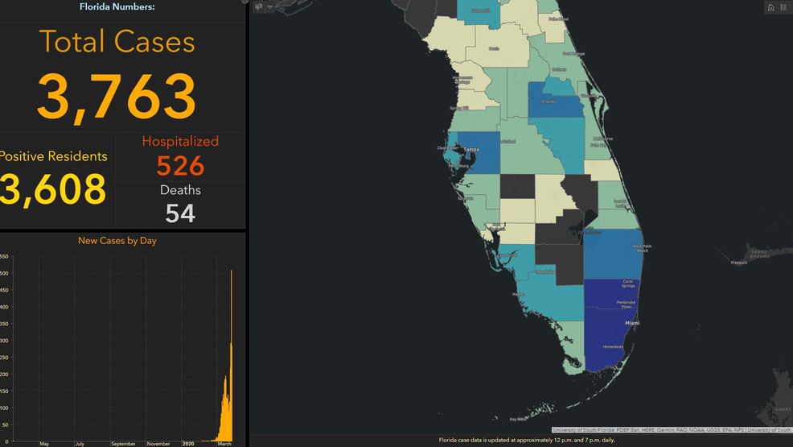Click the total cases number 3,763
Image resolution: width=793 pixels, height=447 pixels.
point(116,97)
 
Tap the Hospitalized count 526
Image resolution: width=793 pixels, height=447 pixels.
point(180,166)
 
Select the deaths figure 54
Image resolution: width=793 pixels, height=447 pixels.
point(180,213)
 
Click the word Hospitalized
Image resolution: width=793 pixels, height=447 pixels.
point(180,141)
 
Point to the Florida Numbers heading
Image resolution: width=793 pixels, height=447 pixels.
point(117,7)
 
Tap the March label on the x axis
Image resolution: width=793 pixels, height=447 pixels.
point(224,443)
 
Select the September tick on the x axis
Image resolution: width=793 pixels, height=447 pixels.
point(123,443)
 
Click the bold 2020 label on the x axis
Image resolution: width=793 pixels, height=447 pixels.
point(188,443)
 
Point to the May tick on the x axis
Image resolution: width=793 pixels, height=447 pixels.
point(44,443)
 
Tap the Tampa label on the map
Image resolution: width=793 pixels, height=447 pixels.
point(470,149)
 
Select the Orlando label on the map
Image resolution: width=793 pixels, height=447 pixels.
point(549,102)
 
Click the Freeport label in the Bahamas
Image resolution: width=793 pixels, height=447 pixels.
point(738,263)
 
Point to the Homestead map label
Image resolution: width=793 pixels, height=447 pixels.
point(612,347)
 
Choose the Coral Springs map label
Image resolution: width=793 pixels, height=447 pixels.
point(627,284)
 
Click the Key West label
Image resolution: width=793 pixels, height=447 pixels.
point(519,419)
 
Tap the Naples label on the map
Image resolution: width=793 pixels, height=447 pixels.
point(519,295)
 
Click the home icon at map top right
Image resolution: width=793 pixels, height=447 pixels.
point(770,7)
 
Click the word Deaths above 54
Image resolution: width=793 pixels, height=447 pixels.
point(180,190)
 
